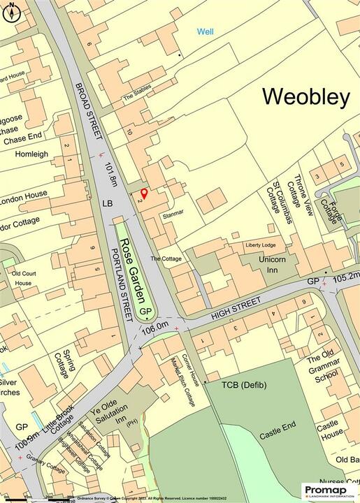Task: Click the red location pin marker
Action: coord(144,193)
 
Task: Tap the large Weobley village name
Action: coord(305,97)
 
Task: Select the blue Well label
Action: coord(205,31)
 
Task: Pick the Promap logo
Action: coord(329,490)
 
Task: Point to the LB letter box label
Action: coord(107,203)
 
